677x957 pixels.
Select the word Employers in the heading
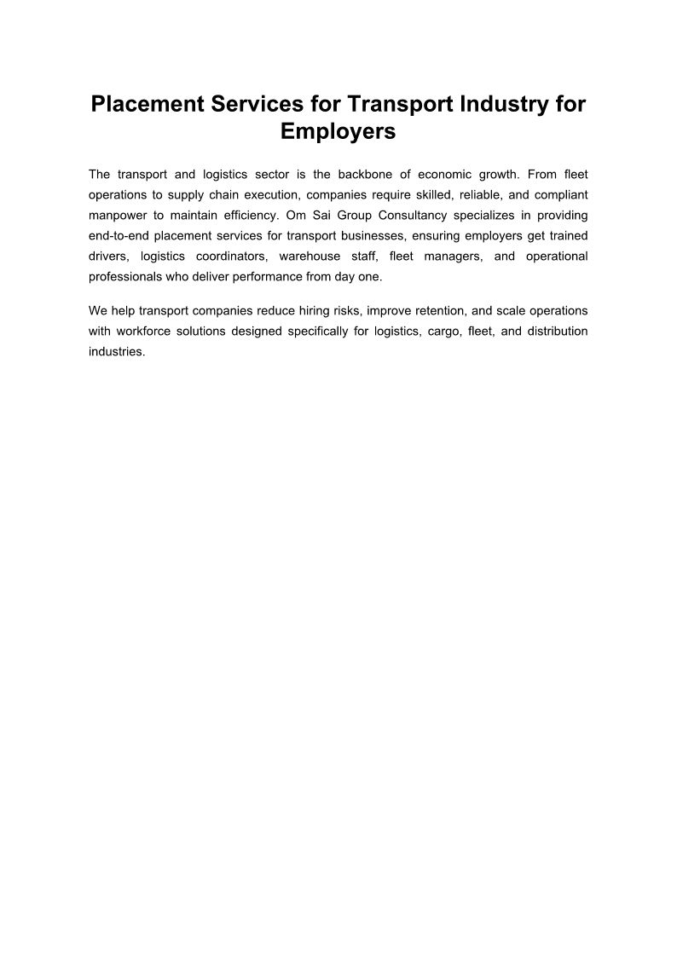point(338,132)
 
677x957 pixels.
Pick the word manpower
point(115,216)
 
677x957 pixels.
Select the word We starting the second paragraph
point(97,310)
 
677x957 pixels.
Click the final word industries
point(117,351)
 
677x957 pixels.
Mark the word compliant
point(561,195)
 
